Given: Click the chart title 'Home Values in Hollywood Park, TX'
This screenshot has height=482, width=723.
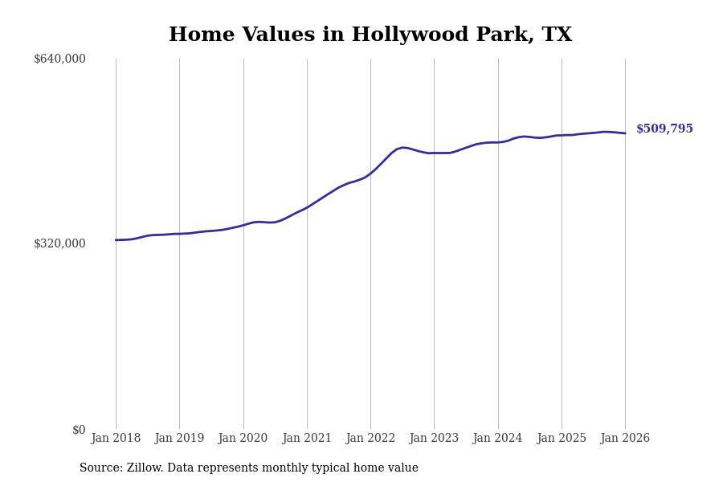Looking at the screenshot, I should click(x=370, y=35).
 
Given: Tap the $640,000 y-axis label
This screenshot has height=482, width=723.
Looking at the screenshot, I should click(x=59, y=59).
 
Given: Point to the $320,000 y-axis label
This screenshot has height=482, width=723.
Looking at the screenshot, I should click(x=59, y=243).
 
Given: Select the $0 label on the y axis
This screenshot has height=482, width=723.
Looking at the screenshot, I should click(x=79, y=430).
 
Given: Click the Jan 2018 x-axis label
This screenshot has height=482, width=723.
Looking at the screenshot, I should click(x=116, y=439).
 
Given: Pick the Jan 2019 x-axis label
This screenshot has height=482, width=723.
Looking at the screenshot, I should click(x=179, y=439).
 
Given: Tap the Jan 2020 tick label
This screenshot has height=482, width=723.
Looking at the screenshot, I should click(x=243, y=439).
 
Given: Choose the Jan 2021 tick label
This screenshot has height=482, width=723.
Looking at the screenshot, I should click(x=307, y=439).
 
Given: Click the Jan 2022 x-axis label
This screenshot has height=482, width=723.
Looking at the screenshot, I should click(x=370, y=439).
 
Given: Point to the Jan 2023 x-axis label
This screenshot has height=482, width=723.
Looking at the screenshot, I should click(x=434, y=439).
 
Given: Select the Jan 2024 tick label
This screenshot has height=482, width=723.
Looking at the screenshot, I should click(x=497, y=439).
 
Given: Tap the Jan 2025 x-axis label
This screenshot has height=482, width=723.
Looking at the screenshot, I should click(x=562, y=439).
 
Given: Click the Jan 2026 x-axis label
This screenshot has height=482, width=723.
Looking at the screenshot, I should click(x=625, y=439).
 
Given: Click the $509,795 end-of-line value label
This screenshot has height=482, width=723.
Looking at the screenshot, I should click(x=664, y=129).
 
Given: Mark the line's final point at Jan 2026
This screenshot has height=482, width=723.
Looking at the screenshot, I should click(x=625, y=133).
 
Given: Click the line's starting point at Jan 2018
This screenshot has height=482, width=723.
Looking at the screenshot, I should click(x=116, y=240).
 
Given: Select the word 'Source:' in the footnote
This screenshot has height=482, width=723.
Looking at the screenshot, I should click(x=101, y=468).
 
